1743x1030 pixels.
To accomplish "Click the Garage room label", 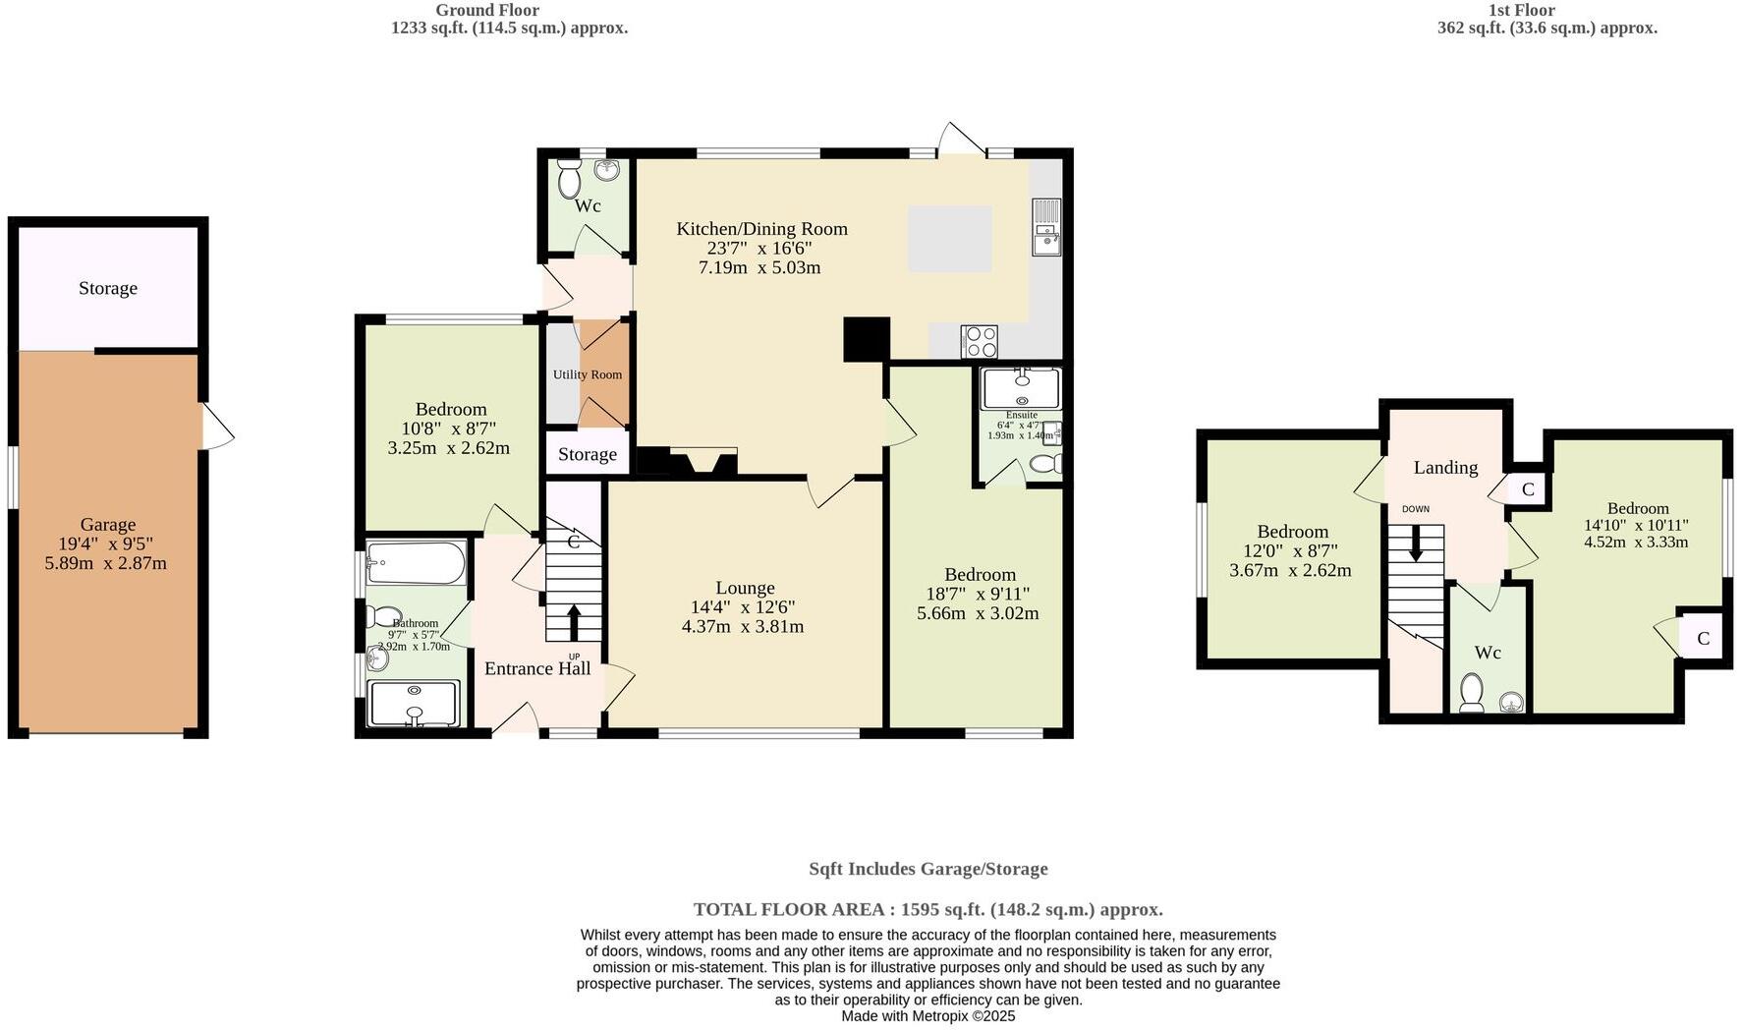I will (x=108, y=525).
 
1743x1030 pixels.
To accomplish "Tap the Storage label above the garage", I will (x=108, y=288).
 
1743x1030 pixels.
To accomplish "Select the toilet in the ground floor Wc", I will (x=569, y=182).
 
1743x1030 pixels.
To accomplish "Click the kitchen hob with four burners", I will (x=980, y=341).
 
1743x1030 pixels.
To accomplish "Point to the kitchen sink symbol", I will (x=1046, y=227).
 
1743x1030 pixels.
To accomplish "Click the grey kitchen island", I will (x=949, y=239).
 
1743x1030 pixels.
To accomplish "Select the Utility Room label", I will (x=587, y=374).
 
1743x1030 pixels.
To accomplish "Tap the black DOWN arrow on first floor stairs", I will (x=1416, y=544).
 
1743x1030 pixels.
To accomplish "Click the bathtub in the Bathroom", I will (x=416, y=563).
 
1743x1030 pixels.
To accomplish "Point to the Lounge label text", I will (x=745, y=588).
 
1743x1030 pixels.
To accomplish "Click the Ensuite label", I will (x=1022, y=415).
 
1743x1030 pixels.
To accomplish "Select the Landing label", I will (x=1445, y=468).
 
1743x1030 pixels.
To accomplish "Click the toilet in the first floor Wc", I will (x=1472, y=692).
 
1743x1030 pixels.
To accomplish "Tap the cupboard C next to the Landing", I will (x=1528, y=488).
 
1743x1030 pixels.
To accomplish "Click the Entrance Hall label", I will (x=537, y=668).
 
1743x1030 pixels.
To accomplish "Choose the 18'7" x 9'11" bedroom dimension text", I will (x=978, y=594).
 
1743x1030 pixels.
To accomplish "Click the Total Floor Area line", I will (x=928, y=909).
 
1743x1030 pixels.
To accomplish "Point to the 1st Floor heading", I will (x=1521, y=10).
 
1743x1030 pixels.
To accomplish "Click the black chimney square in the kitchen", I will (x=867, y=339).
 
